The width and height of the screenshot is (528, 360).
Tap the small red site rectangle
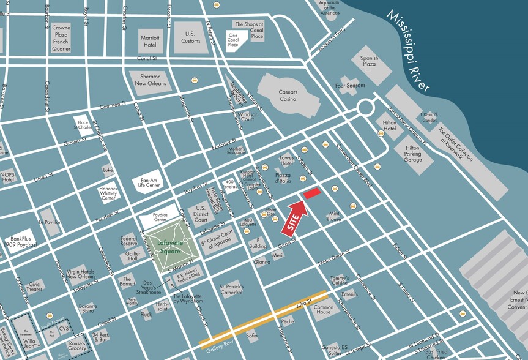[x=311, y=193]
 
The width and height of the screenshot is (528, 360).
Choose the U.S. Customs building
[x=191, y=37]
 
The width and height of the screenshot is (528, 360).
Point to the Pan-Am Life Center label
[x=148, y=183]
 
